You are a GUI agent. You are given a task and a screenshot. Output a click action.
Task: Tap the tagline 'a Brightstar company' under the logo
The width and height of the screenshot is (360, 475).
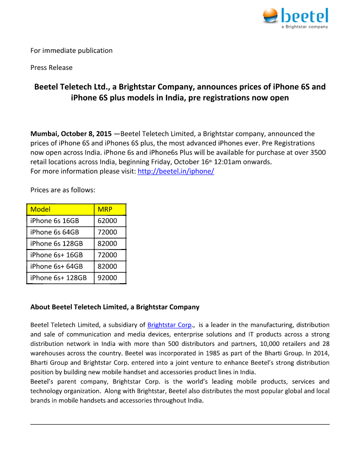(305, 26)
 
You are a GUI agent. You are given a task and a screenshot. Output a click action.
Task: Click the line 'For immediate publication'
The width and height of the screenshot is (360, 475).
(71, 50)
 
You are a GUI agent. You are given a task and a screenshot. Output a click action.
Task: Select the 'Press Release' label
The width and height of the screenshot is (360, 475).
(51, 68)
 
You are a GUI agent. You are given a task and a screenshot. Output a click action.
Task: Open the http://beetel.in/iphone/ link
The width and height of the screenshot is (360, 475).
(176, 171)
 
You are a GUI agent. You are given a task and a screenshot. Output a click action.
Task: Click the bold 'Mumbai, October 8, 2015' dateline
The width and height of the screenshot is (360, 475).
(71, 134)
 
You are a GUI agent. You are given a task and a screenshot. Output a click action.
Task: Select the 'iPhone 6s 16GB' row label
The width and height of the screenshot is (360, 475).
(55, 221)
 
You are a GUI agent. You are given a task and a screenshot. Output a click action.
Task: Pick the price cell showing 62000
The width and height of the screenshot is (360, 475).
(108, 221)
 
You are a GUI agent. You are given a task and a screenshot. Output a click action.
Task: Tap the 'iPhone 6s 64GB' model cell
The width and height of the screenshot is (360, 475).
(55, 232)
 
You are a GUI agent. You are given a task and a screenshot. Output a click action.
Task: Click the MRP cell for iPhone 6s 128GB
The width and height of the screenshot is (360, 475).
(108, 244)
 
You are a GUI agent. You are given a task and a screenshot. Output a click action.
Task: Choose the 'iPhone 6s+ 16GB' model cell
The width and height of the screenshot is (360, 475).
(57, 255)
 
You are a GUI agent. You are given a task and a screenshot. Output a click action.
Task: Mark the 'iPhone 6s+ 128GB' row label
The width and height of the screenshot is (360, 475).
(59, 278)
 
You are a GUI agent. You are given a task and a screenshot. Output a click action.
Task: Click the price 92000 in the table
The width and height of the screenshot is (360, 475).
(108, 278)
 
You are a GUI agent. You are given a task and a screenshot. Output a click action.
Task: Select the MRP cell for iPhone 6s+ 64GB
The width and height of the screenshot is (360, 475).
(108, 267)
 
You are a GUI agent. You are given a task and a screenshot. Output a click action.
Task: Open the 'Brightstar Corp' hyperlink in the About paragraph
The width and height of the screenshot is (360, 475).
(170, 325)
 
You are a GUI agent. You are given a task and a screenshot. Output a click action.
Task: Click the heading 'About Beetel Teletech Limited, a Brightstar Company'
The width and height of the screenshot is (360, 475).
(115, 307)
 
